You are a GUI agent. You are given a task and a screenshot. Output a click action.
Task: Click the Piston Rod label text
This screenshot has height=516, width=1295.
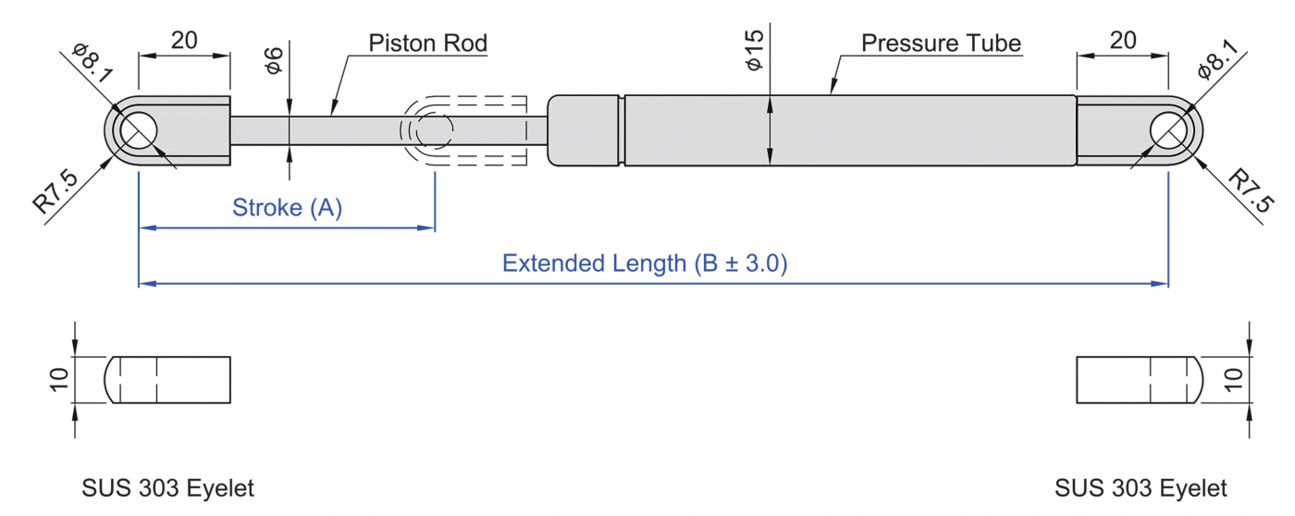click(x=427, y=43)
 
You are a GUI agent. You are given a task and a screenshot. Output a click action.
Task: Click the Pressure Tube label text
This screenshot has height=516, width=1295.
click(x=941, y=43)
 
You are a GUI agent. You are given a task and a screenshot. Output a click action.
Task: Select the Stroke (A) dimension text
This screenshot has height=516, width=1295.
click(x=287, y=208)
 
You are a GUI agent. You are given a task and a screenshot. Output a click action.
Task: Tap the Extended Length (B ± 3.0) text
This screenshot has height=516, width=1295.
click(x=644, y=264)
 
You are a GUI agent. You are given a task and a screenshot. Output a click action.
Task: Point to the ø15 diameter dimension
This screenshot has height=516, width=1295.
click(x=754, y=50)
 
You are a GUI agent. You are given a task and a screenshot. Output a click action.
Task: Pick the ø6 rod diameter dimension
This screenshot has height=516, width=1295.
click(x=273, y=59)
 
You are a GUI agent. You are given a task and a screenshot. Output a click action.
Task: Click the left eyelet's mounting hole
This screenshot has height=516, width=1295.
click(x=138, y=130)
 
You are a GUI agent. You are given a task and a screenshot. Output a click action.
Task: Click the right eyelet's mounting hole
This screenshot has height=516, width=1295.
click(x=1169, y=130)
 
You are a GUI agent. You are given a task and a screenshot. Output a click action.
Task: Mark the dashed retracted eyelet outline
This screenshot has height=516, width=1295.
click(x=462, y=130)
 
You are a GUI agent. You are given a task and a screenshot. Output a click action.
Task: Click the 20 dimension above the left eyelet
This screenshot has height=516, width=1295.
click(x=184, y=40)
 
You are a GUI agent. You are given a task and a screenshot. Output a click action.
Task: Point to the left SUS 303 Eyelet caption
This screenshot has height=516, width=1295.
click(x=167, y=488)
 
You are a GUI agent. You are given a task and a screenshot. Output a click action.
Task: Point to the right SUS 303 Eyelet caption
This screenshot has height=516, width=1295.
click(x=1141, y=488)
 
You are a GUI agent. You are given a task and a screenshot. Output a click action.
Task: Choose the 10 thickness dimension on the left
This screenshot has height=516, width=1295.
click(x=58, y=379)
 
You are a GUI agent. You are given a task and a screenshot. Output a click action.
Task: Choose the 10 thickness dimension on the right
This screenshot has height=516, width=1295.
click(x=1233, y=379)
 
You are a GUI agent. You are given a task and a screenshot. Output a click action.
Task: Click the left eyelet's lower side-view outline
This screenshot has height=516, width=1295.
click(x=168, y=380)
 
